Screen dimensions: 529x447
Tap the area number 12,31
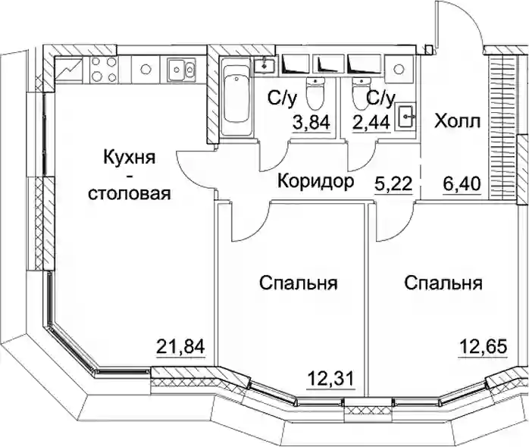(330, 378)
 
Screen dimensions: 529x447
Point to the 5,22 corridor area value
(393, 184)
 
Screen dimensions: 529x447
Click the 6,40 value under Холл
(462, 184)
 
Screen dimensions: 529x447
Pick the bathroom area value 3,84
(311, 122)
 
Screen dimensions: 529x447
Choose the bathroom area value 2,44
(371, 122)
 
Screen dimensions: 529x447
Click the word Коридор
(316, 181)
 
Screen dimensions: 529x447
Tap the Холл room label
(457, 121)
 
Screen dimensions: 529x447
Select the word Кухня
(129, 158)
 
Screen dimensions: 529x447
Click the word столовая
(129, 194)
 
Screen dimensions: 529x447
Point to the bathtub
(236, 95)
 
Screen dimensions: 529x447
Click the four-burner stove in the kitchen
(104, 70)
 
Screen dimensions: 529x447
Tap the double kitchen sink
(181, 70)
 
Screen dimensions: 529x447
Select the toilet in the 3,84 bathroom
(315, 92)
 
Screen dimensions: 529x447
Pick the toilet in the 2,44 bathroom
(362, 92)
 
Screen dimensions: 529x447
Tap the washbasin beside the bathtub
(264, 64)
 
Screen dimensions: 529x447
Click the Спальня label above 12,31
(299, 283)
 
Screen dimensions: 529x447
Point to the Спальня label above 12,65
(443, 283)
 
